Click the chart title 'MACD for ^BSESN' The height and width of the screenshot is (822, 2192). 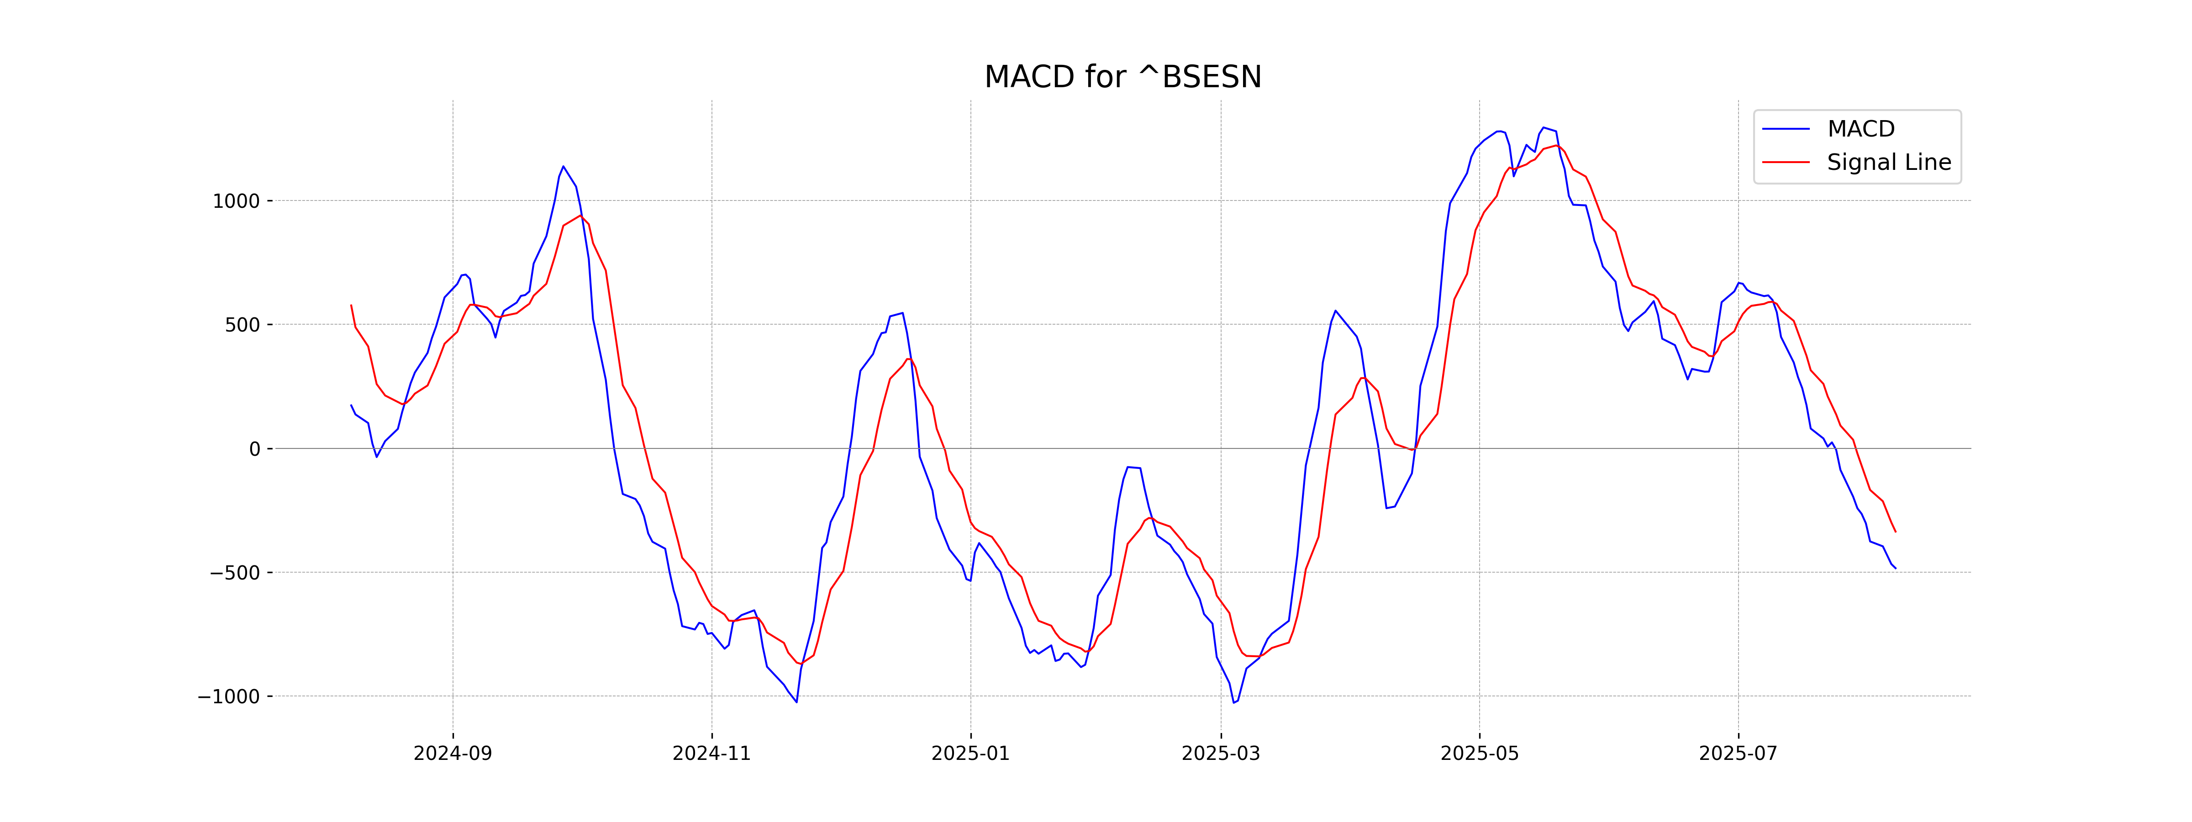(1122, 78)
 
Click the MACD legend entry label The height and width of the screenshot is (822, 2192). (1861, 129)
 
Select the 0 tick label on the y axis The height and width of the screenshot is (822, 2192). (254, 449)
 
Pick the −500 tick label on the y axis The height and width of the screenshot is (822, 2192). (235, 573)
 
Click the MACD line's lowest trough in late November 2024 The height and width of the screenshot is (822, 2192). (796, 702)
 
